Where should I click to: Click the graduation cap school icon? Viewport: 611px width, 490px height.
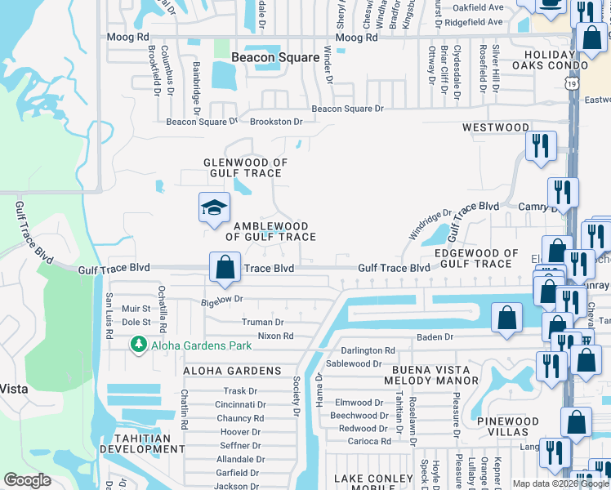coord(213,207)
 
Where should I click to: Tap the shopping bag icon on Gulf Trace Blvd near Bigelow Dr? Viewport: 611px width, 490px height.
coord(225,267)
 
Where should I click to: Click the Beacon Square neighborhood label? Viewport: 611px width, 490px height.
coord(275,57)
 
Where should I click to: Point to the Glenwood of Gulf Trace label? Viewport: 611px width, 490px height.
coord(245,168)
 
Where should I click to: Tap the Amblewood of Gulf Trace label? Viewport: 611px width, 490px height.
coord(270,231)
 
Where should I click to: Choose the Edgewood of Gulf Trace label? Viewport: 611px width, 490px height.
coord(476,258)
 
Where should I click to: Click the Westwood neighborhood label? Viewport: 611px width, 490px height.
coord(495,127)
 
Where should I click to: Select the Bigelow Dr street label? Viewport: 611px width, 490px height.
coord(222,300)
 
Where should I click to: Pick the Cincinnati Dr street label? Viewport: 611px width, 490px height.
coord(240,404)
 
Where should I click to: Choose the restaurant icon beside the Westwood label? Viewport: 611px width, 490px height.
coord(542,145)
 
